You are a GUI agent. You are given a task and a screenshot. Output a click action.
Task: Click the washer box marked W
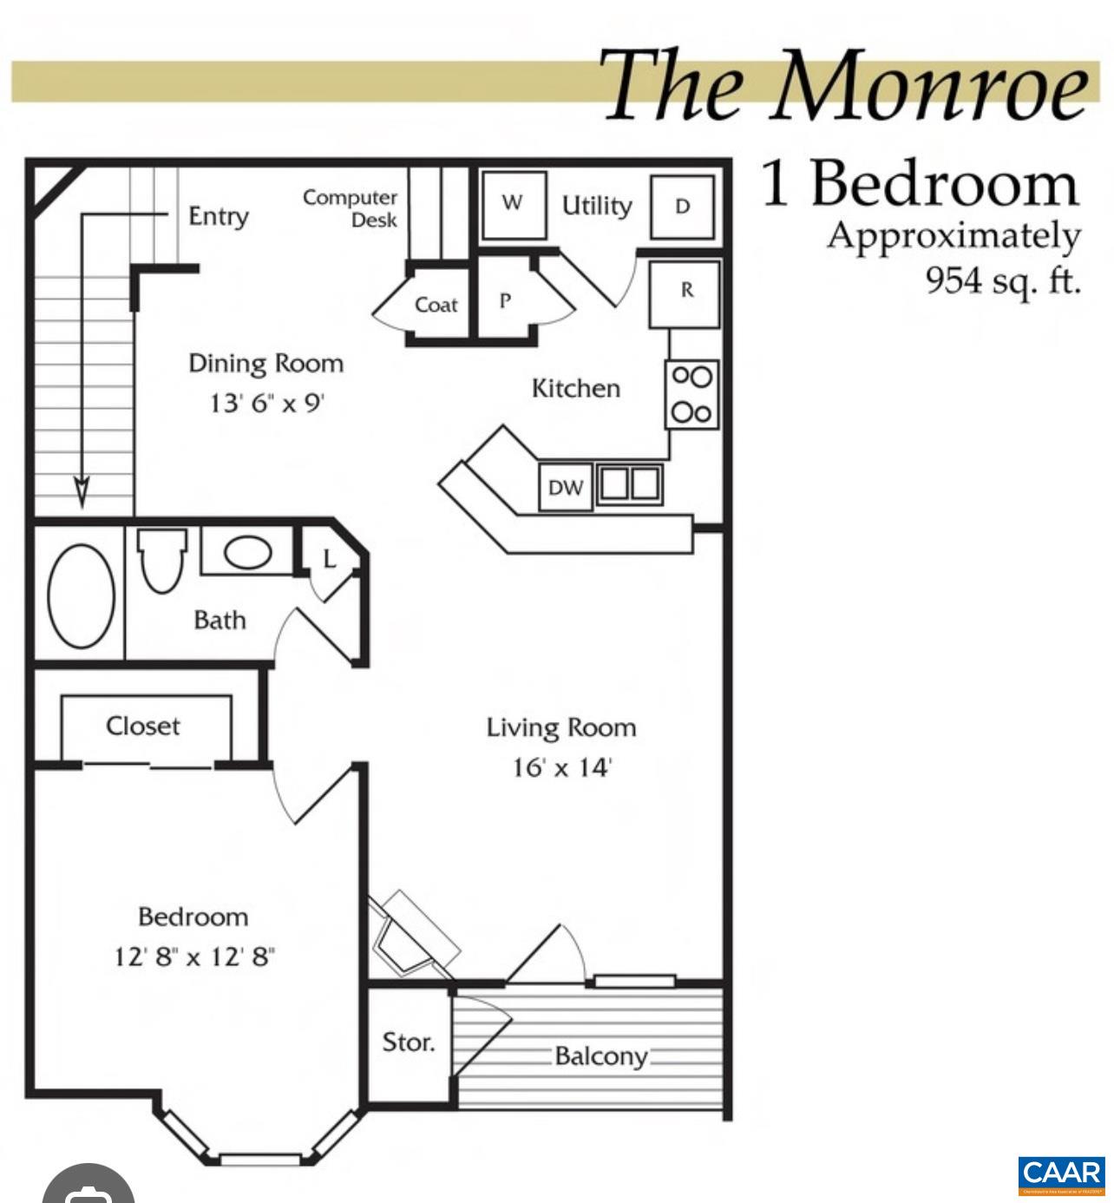514,205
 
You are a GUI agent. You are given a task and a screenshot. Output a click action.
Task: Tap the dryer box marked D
683,207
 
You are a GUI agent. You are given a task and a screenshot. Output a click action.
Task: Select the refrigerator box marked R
685,293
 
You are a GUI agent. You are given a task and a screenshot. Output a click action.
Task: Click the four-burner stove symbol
691,394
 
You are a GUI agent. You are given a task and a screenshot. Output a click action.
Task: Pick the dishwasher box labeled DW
566,488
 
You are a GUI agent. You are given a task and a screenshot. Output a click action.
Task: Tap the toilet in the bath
162,561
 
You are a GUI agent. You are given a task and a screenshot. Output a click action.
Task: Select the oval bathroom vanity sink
248,551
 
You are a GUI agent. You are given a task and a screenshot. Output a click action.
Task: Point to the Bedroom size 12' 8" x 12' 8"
194,957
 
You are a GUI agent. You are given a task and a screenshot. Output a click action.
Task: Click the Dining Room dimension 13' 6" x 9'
266,403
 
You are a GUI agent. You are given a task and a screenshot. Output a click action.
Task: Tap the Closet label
143,726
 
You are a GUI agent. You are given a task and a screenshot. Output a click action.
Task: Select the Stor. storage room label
409,1042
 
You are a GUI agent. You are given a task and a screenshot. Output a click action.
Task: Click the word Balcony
600,1056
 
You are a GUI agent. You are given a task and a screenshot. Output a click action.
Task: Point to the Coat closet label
436,305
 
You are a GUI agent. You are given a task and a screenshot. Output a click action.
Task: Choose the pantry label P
505,300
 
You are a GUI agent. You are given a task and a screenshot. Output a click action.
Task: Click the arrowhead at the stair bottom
82,492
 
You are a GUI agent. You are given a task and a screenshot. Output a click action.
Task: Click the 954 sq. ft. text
1003,280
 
